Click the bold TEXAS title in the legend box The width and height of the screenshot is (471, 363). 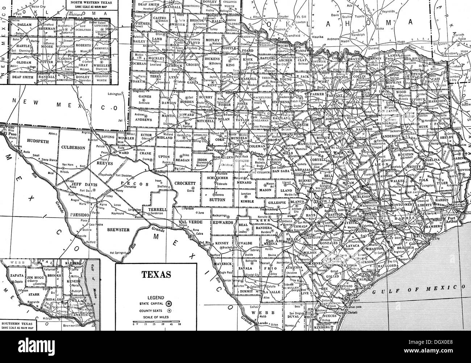157,275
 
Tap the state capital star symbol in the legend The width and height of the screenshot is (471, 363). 168,303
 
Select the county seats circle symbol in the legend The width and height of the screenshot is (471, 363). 169,311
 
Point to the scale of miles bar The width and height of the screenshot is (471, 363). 156,321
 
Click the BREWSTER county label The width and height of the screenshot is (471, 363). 118,230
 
